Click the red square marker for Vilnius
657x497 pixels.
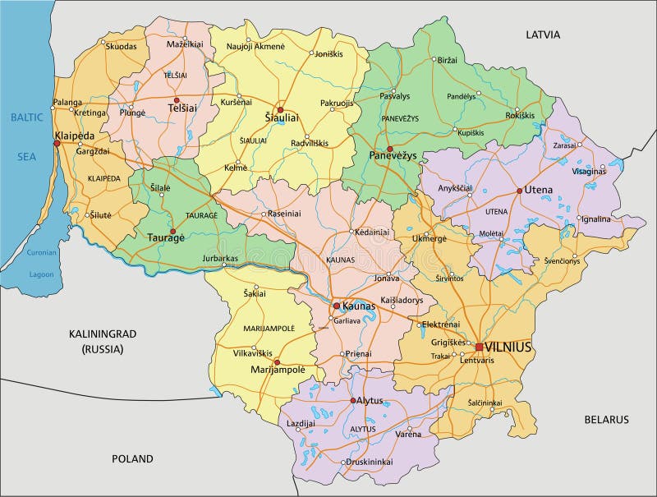tap(479, 347)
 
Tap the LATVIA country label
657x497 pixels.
tap(543, 35)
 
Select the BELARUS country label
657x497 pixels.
tap(606, 419)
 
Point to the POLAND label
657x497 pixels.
tap(132, 458)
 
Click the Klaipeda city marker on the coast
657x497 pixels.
tap(57, 144)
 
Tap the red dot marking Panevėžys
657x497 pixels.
tap(389, 149)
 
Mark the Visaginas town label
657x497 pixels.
tap(589, 171)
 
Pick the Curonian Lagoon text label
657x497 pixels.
tap(41, 264)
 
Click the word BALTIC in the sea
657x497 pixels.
tap(26, 117)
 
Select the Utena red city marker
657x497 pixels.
tap(519, 190)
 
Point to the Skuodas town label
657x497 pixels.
tap(121, 46)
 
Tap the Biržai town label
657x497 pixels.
tap(447, 61)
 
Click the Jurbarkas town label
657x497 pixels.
tap(220, 257)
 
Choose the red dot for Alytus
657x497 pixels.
tap(354, 401)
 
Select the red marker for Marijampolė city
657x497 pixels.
tap(277, 361)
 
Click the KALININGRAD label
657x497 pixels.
tap(102, 334)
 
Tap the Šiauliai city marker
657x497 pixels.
tap(279, 109)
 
